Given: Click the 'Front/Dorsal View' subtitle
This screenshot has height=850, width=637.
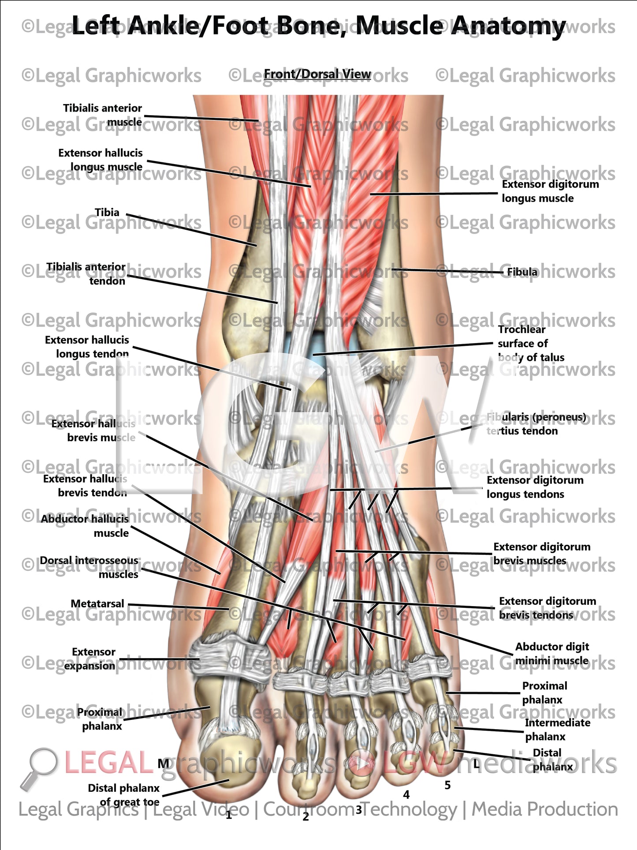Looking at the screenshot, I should point(317,74).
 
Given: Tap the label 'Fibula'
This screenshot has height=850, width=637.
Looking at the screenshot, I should point(522,272).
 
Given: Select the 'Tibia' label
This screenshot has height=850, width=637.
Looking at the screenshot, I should point(107,213).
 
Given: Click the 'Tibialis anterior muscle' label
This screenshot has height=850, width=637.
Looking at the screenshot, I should point(102,115).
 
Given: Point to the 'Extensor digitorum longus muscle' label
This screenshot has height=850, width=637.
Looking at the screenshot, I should point(550,191).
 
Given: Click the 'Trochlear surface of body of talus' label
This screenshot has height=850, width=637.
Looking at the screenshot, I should point(530,343).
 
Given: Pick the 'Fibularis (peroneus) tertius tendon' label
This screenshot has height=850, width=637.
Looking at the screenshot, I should point(536,424).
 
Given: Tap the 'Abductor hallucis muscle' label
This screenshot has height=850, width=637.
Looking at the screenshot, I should point(85,526).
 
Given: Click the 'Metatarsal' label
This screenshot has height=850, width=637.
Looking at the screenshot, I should point(97,604).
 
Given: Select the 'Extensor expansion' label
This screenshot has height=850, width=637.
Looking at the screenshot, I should point(90,659).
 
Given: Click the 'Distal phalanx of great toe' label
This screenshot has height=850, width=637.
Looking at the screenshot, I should point(124,795).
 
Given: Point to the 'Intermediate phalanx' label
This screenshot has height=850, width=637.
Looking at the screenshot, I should point(557,730).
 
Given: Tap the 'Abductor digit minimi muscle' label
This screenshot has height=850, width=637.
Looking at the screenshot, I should point(552,653).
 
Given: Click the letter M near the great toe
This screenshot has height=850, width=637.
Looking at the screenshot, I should point(164,764).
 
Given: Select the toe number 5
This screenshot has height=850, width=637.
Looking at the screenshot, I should point(447,785).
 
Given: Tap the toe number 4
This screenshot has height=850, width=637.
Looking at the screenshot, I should point(406,795).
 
